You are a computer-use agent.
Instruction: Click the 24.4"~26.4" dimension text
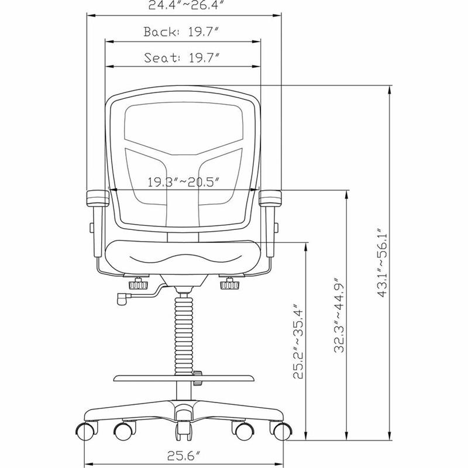pyautogui.click(x=186, y=5)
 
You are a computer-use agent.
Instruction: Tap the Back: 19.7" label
pyautogui.click(x=181, y=32)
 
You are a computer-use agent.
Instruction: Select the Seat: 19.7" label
pyautogui.click(x=181, y=57)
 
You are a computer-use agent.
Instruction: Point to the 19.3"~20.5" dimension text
pyautogui.click(x=184, y=182)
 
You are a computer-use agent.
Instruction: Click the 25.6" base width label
pyautogui.click(x=183, y=456)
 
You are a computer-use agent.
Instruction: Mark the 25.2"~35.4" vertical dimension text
pyautogui.click(x=298, y=342)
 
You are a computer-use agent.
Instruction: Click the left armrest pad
pyautogui.click(x=98, y=199)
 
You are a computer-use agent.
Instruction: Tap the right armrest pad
pyautogui.click(x=270, y=198)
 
